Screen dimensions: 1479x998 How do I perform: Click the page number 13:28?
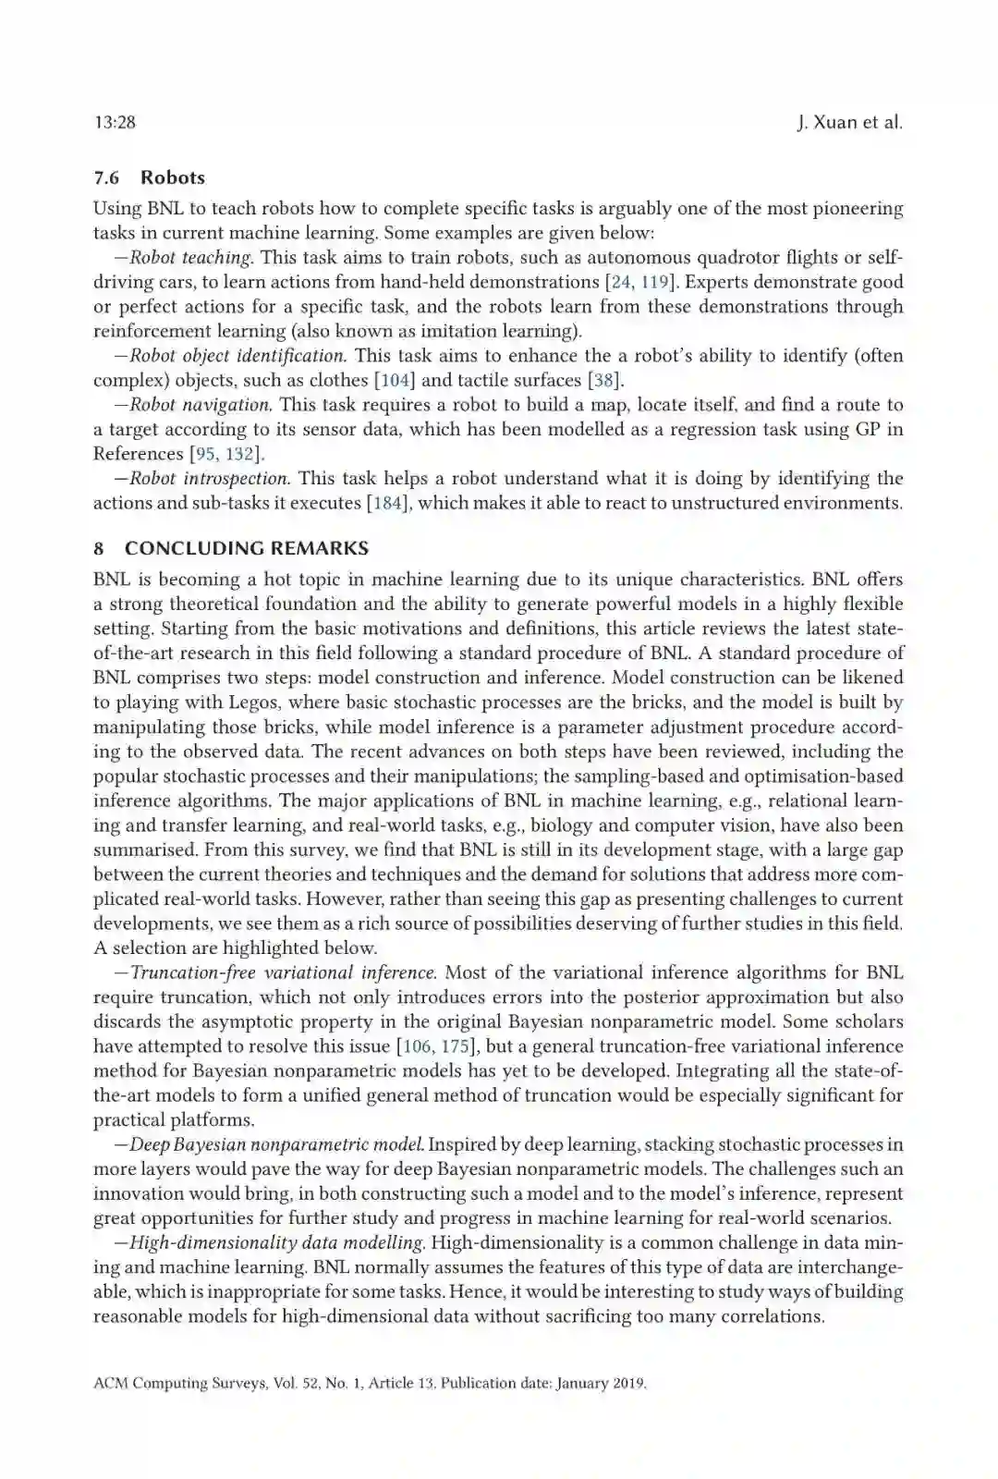coord(115,123)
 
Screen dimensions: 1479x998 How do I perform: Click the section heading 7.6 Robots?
coord(149,177)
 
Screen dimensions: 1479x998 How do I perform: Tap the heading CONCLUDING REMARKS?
coord(246,548)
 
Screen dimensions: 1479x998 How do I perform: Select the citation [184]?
coord(384,503)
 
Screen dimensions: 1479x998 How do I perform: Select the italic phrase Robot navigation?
coord(200,405)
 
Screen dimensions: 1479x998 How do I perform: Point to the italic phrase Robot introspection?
coord(210,479)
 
